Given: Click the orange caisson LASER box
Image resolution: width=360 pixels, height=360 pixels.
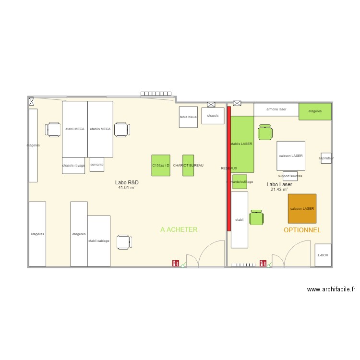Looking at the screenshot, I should click(302, 208).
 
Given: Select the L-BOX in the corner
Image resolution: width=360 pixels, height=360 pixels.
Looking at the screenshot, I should click(323, 255).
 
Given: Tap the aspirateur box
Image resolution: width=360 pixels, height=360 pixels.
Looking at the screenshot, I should click(326, 158).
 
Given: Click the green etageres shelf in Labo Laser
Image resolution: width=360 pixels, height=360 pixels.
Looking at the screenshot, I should click(315, 111).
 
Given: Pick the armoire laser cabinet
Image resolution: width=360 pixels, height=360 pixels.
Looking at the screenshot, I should click(276, 109).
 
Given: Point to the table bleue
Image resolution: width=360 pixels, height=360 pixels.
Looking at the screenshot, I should click(188, 117).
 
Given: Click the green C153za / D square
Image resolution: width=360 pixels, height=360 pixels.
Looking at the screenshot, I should click(161, 165).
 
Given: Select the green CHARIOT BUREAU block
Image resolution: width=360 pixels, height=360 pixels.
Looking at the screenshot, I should click(188, 165).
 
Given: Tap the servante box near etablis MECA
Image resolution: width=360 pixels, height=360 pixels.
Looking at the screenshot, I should click(96, 164).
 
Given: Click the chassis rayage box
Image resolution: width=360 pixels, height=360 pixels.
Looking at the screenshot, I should click(73, 165).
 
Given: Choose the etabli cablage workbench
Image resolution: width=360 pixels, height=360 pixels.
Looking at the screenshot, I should click(99, 240).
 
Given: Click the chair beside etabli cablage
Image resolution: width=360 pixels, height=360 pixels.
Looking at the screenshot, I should click(123, 242).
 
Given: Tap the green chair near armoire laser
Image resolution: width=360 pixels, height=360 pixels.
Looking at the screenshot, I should click(264, 132).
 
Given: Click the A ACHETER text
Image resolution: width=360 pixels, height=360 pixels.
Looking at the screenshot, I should click(179, 230).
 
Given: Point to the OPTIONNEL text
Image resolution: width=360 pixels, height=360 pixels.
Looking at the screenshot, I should click(302, 230).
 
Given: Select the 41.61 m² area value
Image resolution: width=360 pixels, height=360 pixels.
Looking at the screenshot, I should click(127, 188).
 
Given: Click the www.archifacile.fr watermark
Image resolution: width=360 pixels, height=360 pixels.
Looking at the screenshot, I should click(331, 289).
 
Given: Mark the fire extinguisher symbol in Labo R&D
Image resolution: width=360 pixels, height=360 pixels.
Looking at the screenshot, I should click(176, 263).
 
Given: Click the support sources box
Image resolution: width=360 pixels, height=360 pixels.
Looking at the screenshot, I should click(290, 176).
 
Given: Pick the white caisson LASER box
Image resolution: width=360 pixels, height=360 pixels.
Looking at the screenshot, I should click(291, 156).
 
